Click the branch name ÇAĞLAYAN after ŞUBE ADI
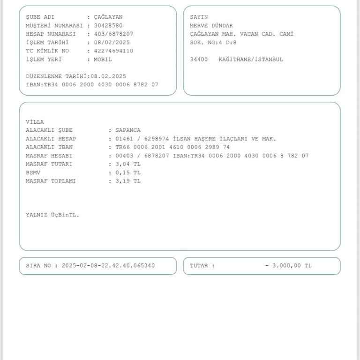[x=108, y=17]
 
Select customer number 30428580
[x=108, y=25]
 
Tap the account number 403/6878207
[x=113, y=34]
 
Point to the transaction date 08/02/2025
[x=112, y=42]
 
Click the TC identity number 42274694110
[x=113, y=51]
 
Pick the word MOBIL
[x=103, y=60]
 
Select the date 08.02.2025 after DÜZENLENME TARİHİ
[x=108, y=76]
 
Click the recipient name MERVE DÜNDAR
[x=211, y=25]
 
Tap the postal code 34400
[x=198, y=60]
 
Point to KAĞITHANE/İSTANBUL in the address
[x=251, y=60]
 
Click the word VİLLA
[x=35, y=122]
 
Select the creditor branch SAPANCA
[x=128, y=130]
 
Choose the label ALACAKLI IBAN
[x=49, y=147]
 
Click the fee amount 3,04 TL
[x=128, y=164]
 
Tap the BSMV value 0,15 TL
[x=128, y=172]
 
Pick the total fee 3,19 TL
[x=128, y=181]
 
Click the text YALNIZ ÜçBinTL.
[x=52, y=215]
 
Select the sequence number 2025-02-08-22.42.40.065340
[x=108, y=266]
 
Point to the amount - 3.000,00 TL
[x=288, y=266]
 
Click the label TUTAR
[x=200, y=266]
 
